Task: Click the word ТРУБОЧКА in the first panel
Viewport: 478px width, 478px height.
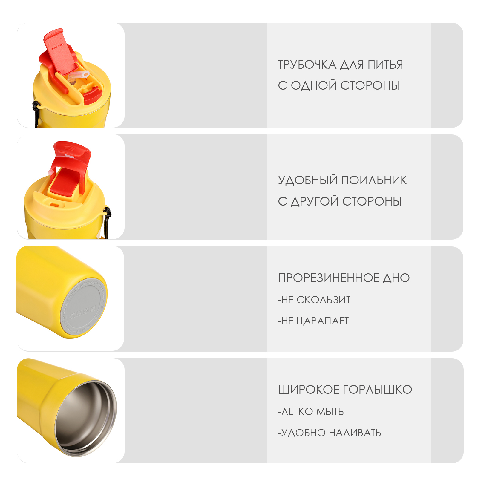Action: (307, 65)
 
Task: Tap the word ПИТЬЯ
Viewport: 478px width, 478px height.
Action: (385, 65)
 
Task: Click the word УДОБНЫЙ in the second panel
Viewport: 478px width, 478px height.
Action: (307, 180)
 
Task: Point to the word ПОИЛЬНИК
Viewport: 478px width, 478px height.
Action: (374, 180)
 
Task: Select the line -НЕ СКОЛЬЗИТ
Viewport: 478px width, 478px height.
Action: (314, 300)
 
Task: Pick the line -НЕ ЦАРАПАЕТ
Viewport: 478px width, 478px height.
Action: (313, 321)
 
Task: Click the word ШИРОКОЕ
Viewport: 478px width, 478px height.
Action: (309, 390)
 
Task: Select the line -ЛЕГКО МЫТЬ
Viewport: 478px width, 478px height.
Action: (311, 411)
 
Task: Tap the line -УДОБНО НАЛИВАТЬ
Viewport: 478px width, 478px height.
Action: (330, 433)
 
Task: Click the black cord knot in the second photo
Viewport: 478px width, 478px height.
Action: (107, 212)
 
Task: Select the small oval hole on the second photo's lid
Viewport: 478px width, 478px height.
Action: (54, 205)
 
